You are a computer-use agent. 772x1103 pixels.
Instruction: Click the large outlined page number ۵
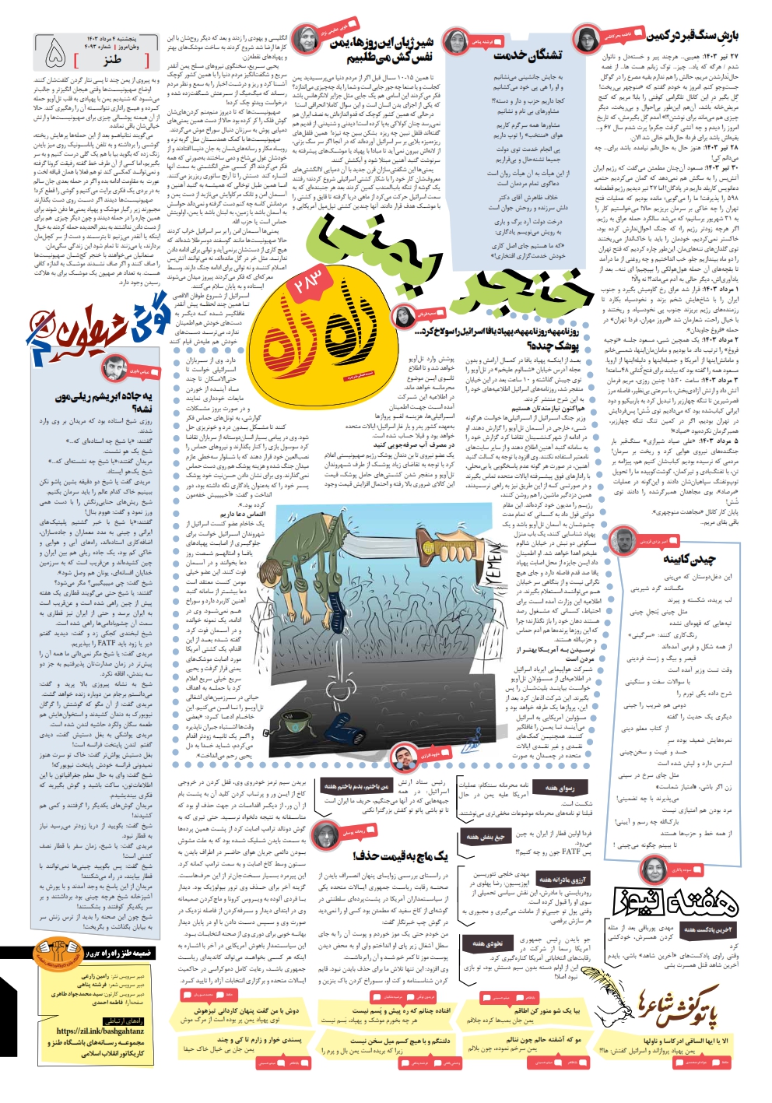click(55, 54)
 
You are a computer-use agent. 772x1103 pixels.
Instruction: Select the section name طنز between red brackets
click(113, 59)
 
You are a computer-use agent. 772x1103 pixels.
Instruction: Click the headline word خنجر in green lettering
click(530, 289)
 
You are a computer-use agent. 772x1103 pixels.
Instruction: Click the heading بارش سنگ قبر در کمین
click(693, 36)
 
